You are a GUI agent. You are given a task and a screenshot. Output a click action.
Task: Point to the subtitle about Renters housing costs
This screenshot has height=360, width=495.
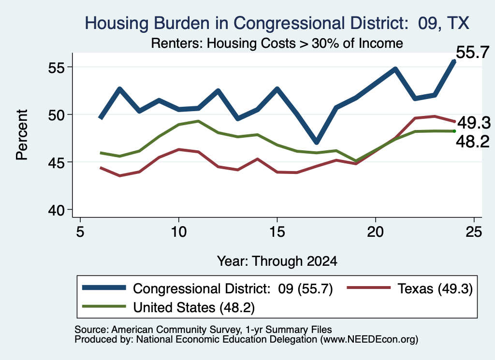(x=277, y=43)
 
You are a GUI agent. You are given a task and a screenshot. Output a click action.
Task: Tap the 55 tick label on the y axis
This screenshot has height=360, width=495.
(x=56, y=68)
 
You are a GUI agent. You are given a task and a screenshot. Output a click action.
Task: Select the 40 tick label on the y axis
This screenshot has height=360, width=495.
(x=56, y=210)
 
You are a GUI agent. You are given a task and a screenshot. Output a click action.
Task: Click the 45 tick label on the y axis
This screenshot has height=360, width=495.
(x=56, y=163)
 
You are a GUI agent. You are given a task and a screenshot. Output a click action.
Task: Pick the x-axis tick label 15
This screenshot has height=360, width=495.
(x=277, y=232)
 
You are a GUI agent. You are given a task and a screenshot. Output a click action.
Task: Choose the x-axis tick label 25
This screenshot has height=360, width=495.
(x=474, y=232)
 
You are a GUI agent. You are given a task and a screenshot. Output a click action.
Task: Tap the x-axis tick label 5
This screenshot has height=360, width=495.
(x=80, y=232)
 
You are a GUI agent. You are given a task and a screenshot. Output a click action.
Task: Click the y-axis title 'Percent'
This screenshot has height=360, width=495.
(x=22, y=135)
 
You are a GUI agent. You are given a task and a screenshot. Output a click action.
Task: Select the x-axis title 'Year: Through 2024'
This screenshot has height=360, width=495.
(x=277, y=261)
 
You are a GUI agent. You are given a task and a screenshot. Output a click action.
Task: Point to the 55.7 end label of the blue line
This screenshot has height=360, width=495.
(x=473, y=52)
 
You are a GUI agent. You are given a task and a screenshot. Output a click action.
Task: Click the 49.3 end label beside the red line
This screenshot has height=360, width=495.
(x=474, y=123)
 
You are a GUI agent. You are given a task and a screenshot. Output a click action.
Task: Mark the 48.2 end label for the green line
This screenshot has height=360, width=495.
(x=473, y=142)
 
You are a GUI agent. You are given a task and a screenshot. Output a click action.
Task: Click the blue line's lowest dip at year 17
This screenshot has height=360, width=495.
(x=317, y=142)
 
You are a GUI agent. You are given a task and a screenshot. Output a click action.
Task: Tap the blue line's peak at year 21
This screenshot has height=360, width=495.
(x=395, y=69)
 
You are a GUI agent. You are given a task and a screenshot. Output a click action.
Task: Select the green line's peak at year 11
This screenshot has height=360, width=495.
(x=198, y=121)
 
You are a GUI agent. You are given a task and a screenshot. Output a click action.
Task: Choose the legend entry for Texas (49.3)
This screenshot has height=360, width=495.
(x=410, y=288)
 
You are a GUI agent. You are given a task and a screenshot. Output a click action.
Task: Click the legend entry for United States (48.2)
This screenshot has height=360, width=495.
(x=168, y=307)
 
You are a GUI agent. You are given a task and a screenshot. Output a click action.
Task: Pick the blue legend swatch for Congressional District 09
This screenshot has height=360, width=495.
(x=104, y=288)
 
